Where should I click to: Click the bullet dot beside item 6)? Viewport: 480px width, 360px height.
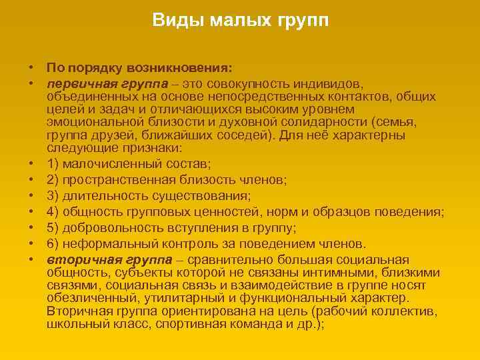[31, 244]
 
